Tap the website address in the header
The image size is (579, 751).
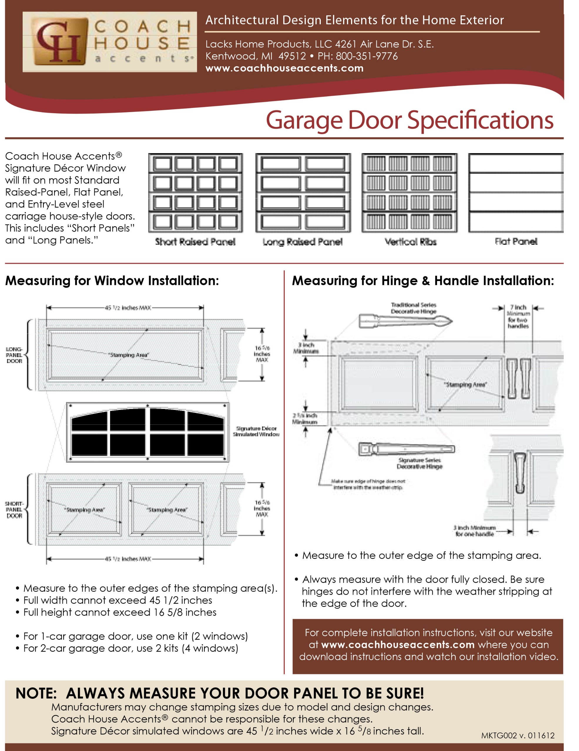pyautogui.click(x=284, y=68)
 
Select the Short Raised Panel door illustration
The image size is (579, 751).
pyautogui.click(x=195, y=192)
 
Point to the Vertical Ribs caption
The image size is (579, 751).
pyautogui.click(x=410, y=242)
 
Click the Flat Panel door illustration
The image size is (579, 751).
pyautogui.click(x=516, y=192)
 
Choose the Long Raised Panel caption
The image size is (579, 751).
pyautogui.click(x=303, y=242)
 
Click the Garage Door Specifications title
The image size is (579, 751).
pyautogui.click(x=409, y=120)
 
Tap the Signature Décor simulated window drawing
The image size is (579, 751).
pyautogui.click(x=148, y=432)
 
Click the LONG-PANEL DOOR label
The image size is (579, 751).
pyautogui.click(x=14, y=355)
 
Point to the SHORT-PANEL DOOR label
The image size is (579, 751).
pyautogui.click(x=14, y=510)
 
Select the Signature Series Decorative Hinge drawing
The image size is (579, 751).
pyautogui.click(x=406, y=449)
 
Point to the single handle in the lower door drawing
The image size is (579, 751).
pyautogui.click(x=520, y=473)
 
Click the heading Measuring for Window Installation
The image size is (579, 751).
pyautogui.click(x=112, y=280)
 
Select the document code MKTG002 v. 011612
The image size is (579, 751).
pyautogui.click(x=518, y=735)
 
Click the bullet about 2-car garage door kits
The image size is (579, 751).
pyautogui.click(x=130, y=648)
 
